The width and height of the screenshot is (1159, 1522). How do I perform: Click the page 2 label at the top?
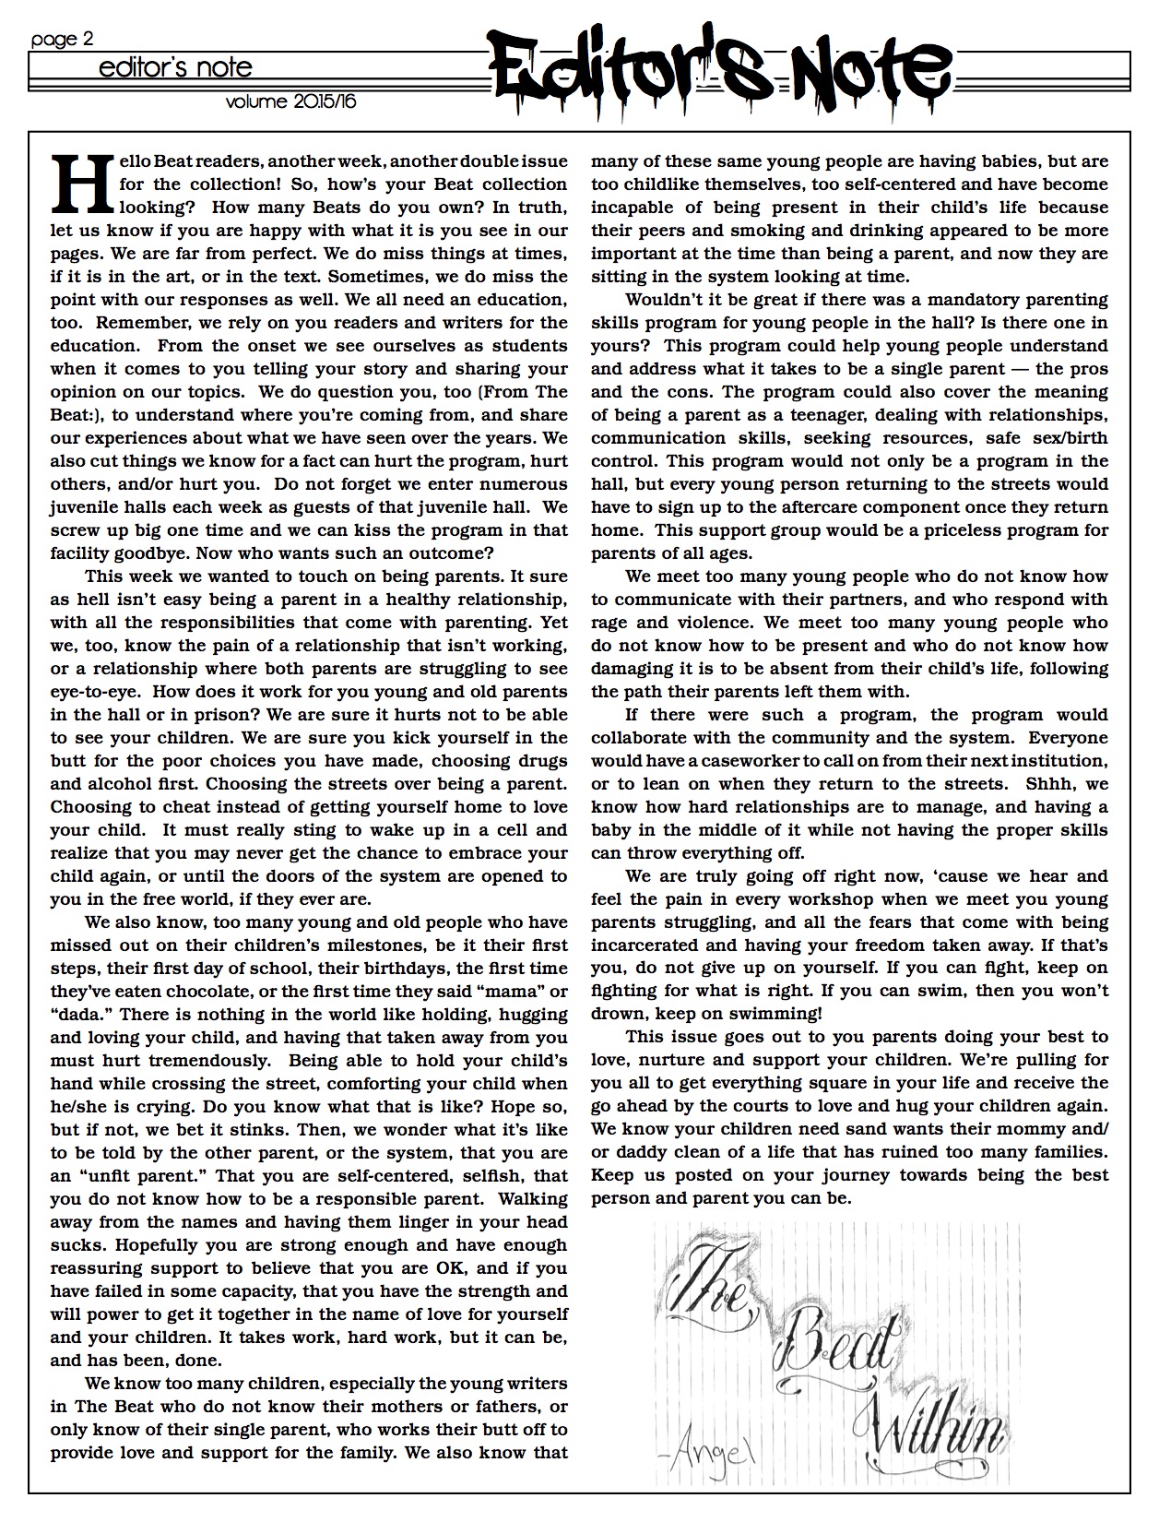coord(62,40)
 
